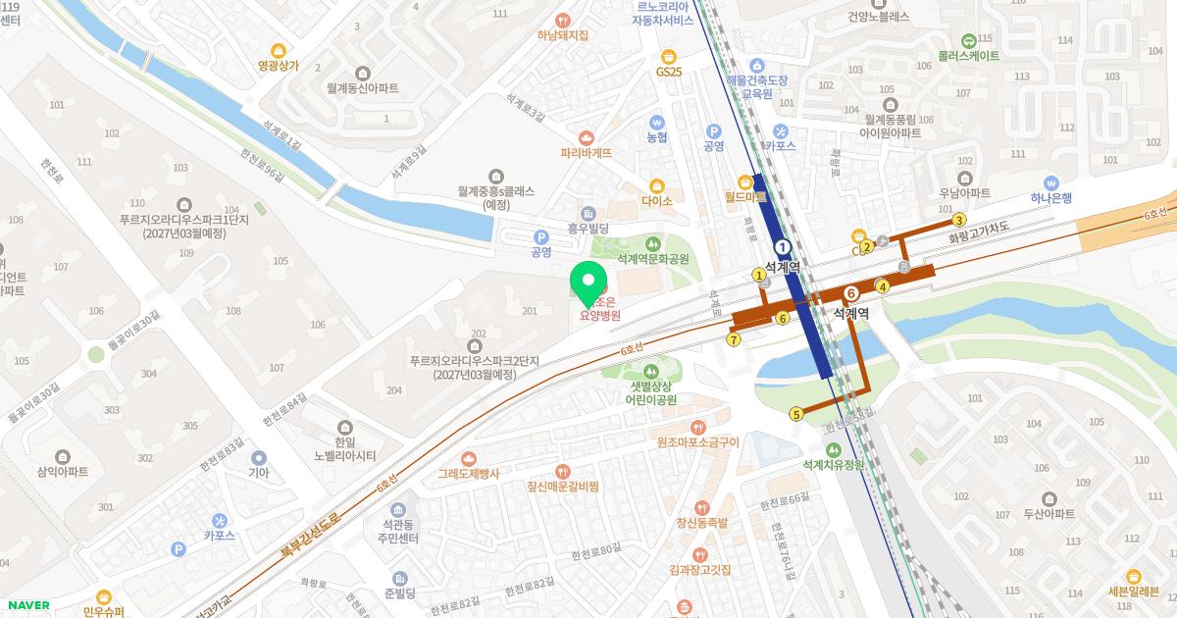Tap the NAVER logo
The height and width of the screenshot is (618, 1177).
pos(27,605)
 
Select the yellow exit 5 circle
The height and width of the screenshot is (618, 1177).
pos(796,415)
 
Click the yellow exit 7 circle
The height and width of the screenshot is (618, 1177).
pos(734,339)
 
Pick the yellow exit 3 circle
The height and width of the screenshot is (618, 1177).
pos(960,220)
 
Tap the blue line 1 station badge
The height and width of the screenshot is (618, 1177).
pos(783,247)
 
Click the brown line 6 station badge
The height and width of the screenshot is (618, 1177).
pos(851,292)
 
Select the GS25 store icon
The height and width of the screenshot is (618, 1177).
pos(669,56)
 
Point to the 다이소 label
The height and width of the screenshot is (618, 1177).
pos(656,201)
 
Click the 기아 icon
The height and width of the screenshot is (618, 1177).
pos(259,457)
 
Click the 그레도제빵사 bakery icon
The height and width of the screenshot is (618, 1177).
pos(468,458)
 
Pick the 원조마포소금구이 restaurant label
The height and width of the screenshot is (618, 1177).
pos(697,442)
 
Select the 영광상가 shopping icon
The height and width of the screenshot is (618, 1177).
pos(279,51)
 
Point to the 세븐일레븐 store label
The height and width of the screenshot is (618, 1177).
pos(1133,591)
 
